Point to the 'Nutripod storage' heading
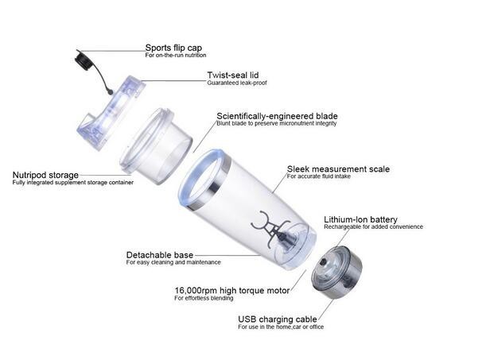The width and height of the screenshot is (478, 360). coord(45,174)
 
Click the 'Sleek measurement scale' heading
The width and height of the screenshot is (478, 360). coord(337,169)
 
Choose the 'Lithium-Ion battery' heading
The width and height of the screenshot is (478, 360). coord(360,219)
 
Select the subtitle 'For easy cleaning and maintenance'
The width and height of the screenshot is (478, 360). coord(173,263)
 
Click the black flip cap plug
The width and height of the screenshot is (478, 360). coord(82,58)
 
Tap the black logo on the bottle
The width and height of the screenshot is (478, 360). coord(268,227)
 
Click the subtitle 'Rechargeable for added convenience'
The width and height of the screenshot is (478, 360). coord(373,227)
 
